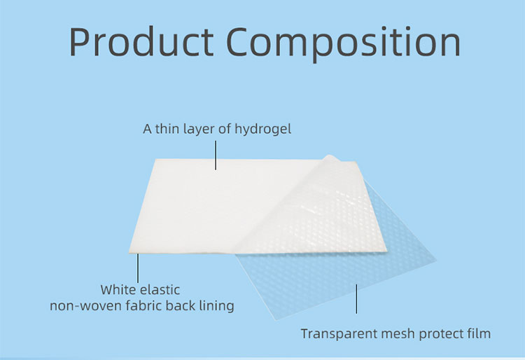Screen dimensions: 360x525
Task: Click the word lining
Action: click(214, 306)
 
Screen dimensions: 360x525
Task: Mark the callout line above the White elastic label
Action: click(138, 267)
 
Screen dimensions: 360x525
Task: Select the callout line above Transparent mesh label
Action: click(356, 297)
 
